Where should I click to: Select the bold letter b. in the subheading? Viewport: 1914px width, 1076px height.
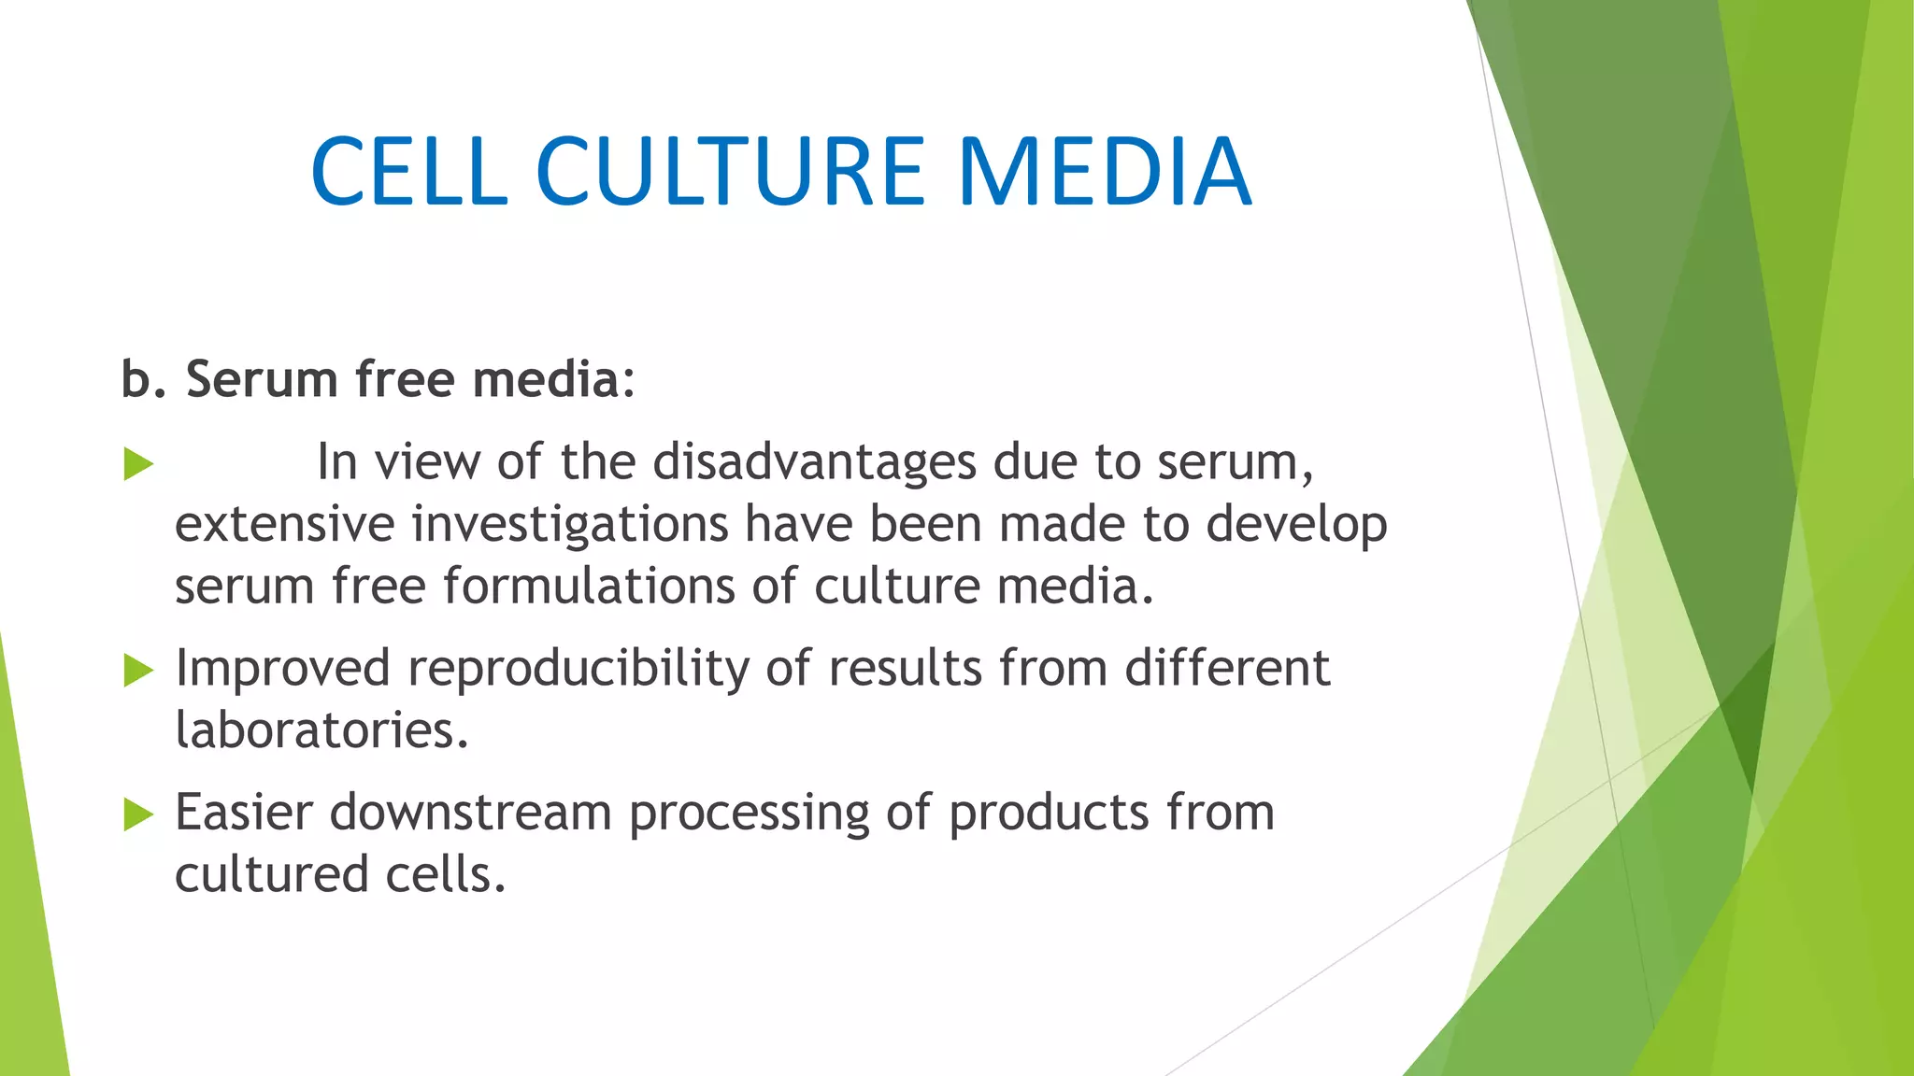(143, 379)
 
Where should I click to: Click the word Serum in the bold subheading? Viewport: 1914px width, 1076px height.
(261, 379)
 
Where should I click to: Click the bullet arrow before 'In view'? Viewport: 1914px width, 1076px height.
(137, 464)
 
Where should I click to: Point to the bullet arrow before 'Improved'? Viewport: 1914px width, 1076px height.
(137, 670)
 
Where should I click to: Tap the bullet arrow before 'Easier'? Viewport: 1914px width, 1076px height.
(137, 814)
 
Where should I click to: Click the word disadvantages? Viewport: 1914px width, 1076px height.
(813, 461)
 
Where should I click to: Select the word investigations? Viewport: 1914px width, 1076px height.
(569, 524)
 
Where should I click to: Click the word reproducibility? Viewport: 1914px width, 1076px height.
(578, 669)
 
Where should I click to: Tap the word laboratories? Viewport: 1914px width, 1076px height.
(321, 729)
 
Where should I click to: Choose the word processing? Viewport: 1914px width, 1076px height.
(749, 814)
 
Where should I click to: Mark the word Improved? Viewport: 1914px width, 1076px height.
(282, 669)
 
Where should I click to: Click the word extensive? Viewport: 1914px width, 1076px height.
(284, 524)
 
